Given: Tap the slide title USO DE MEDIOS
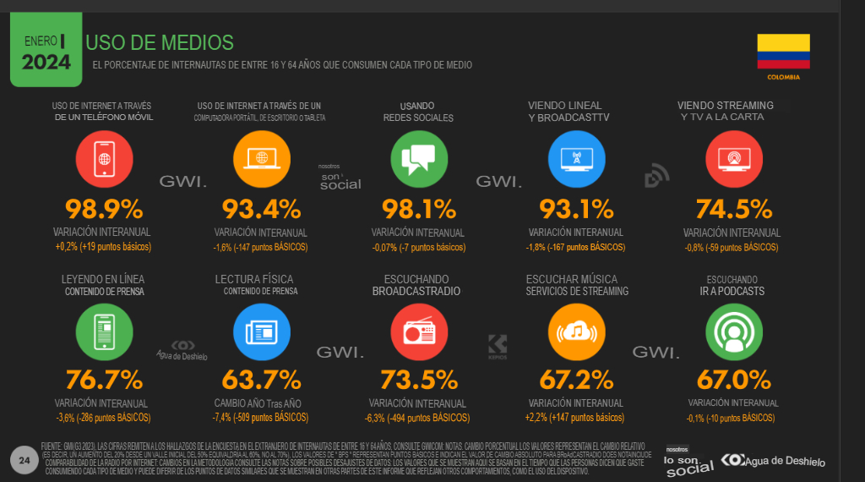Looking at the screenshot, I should pos(160,42).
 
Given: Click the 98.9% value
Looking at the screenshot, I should pos(104,210).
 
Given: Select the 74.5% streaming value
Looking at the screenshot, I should pos(733,210).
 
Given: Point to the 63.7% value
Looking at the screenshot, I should pos(261,380).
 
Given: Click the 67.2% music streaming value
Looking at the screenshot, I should pos(576,380).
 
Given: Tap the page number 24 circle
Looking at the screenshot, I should pos(24,459).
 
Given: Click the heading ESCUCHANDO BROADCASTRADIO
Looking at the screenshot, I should pos(416,285).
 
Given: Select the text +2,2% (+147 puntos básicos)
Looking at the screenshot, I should pos(575,418).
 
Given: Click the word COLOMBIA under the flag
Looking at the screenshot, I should pos(783,77).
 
